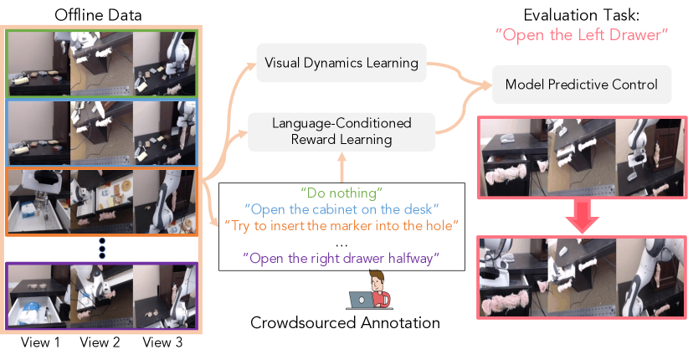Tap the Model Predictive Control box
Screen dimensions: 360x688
(582, 85)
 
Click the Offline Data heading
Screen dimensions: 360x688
(98, 15)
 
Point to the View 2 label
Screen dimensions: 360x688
(100, 342)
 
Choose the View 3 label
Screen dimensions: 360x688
(162, 342)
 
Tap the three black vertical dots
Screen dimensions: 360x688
(102, 248)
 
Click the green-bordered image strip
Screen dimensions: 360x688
(102, 64)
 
